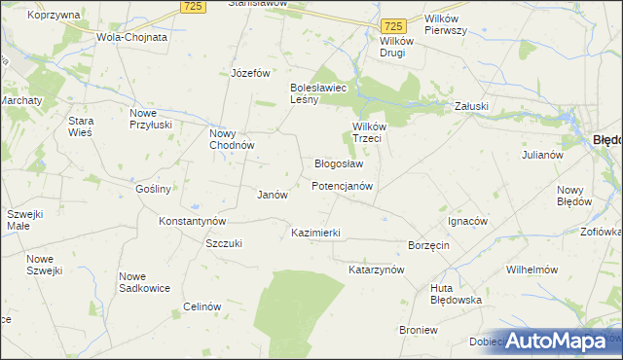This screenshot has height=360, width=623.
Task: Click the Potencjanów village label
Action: tap(342, 185)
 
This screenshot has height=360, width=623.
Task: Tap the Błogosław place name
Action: tap(339, 163)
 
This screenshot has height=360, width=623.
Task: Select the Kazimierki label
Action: tap(315, 234)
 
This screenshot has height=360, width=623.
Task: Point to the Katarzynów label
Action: tap(376, 269)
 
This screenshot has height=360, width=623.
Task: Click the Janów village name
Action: tap(272, 195)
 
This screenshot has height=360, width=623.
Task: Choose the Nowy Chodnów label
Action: tap(232, 139)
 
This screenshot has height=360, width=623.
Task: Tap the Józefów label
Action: tap(250, 73)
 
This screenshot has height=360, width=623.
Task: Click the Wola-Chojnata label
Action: tap(131, 37)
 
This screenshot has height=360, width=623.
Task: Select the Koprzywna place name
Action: tap(55, 16)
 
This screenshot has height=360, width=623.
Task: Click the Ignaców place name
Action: tap(466, 221)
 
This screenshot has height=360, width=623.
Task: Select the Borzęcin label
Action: tap(428, 245)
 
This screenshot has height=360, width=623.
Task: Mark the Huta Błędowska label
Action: tap(456, 294)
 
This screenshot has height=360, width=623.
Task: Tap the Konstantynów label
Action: tap(193, 221)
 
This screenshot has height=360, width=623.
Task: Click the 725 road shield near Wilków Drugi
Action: tap(393, 24)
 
